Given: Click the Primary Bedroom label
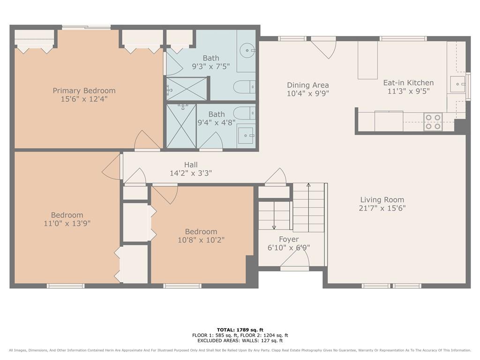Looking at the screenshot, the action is (x=84, y=90).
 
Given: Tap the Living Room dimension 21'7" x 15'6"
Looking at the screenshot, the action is (x=382, y=208).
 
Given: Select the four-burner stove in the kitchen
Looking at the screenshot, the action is (x=433, y=121).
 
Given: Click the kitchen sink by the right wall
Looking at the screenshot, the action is (x=457, y=84).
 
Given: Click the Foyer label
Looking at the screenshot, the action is (x=289, y=240).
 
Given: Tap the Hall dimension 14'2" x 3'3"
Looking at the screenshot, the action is (x=191, y=173).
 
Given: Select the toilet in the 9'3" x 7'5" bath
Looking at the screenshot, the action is (x=244, y=87).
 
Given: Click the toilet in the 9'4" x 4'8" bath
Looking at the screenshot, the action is (x=244, y=113).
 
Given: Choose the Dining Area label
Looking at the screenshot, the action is (x=307, y=85).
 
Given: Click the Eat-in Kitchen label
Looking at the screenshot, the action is (x=408, y=82).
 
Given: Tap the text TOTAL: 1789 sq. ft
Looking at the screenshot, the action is (x=240, y=330).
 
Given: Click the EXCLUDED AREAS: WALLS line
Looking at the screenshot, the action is (x=240, y=340).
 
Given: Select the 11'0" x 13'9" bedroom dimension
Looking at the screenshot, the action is (x=67, y=224).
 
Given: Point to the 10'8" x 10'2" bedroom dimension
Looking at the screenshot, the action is (x=201, y=240).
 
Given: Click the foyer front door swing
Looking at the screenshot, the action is (x=294, y=259).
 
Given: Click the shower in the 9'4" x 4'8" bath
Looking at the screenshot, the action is (x=181, y=126).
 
